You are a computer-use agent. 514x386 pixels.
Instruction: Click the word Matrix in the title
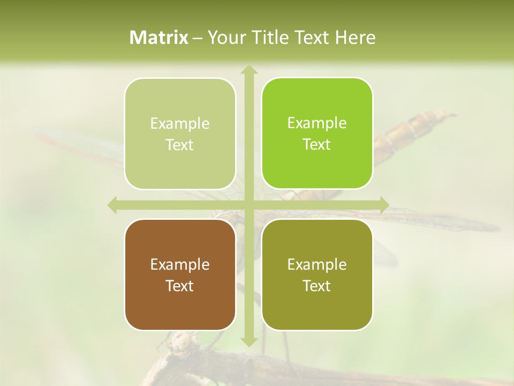tap(159, 38)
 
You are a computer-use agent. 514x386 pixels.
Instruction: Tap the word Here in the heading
tap(355, 38)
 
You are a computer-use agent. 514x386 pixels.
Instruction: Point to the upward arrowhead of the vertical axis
tap(248, 69)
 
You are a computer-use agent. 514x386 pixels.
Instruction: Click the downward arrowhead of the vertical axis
tap(248, 342)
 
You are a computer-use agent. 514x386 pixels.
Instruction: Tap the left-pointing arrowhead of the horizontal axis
tap(112, 205)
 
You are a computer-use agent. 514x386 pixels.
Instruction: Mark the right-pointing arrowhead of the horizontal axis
tap(384, 205)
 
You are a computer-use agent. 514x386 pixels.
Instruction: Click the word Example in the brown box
tap(180, 264)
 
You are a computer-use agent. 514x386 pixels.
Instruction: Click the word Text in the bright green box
tap(317, 145)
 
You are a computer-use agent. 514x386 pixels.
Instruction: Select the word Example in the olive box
tap(317, 264)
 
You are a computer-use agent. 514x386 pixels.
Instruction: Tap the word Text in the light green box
tap(180, 145)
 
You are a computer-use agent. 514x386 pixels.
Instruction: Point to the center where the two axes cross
tap(248, 205)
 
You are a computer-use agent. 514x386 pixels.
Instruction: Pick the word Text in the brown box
tap(180, 286)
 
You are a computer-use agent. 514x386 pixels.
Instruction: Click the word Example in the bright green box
tap(317, 123)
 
